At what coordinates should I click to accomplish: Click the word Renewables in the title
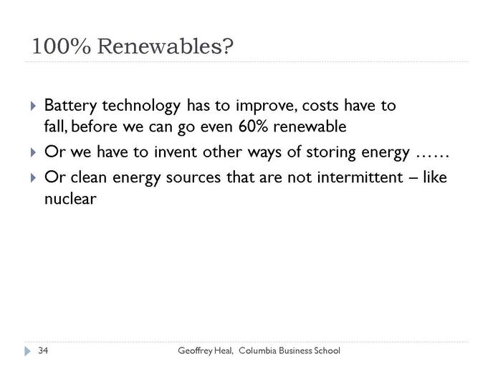click(166, 46)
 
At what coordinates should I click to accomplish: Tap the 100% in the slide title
click(62, 46)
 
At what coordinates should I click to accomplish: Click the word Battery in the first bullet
click(70, 106)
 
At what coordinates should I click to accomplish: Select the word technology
click(141, 106)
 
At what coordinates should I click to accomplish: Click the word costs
click(320, 106)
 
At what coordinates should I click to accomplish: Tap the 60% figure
click(253, 127)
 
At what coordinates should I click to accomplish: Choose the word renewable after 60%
click(310, 127)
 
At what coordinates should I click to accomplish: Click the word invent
click(176, 152)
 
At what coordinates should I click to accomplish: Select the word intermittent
click(360, 177)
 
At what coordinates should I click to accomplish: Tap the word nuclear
click(70, 199)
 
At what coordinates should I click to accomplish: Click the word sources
click(193, 178)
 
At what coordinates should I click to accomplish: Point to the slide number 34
click(43, 350)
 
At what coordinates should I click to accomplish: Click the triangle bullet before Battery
click(34, 106)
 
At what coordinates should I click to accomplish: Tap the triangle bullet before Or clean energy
click(34, 178)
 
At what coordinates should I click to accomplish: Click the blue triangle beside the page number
click(28, 351)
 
